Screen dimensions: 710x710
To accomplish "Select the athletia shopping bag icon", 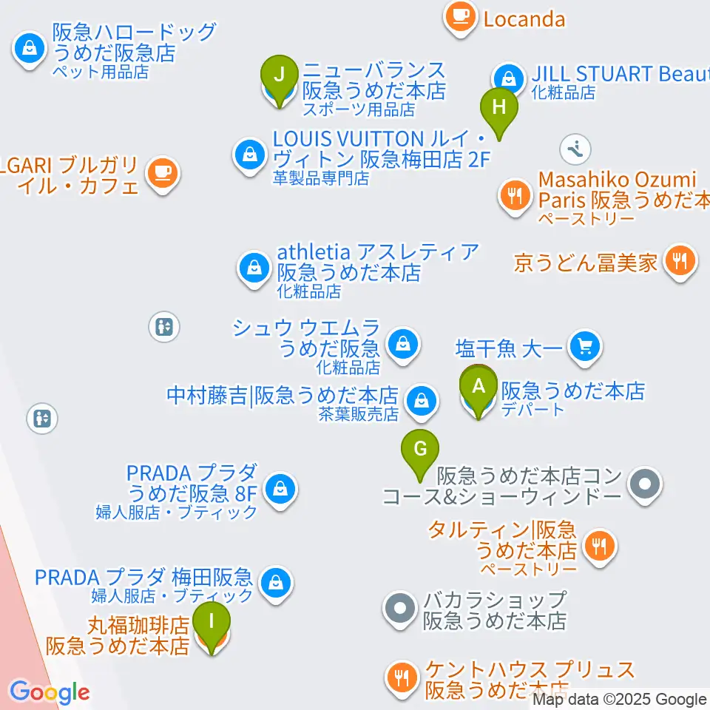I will tap(254, 268).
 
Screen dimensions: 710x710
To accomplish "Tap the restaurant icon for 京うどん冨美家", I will tap(679, 261).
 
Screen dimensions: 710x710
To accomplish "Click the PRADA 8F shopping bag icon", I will tap(281, 488).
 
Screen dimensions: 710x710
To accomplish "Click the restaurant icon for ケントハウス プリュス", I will tap(402, 676).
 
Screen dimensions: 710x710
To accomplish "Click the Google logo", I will tap(49, 692).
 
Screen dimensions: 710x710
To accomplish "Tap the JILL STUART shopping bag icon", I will tap(509, 78).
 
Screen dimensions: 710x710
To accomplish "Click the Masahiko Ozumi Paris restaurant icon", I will tap(515, 196).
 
